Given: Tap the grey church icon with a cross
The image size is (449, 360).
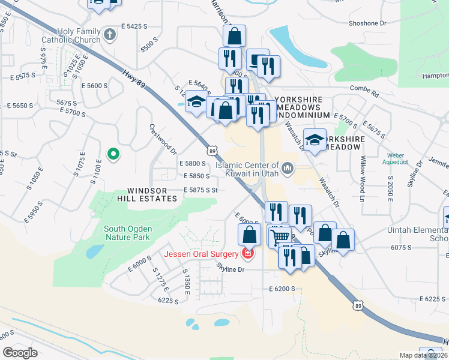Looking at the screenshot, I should [x=109, y=34].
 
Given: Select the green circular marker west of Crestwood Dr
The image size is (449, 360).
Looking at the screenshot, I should [x=112, y=155].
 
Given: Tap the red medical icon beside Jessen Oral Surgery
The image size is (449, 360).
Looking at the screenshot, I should [x=247, y=254].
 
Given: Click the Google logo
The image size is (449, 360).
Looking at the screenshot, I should [x=20, y=353].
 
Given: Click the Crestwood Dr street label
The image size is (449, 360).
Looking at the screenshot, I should [x=163, y=139].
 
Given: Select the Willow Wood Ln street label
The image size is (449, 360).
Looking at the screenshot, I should [x=363, y=179].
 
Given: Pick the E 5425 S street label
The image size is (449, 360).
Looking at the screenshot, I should [x=134, y=26].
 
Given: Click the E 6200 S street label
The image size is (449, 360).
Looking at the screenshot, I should [x=282, y=289].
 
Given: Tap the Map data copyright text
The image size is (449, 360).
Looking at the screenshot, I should [x=424, y=355].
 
